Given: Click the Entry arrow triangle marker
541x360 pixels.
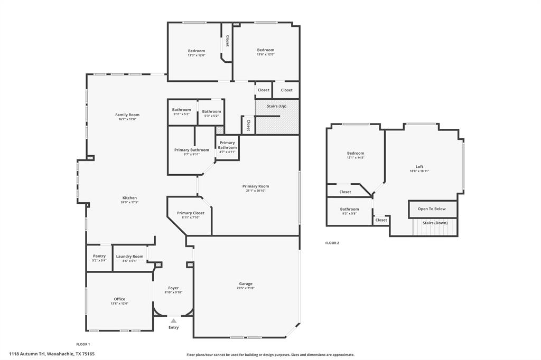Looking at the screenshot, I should pos(173,320).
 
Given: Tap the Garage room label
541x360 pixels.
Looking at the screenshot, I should pos(246,283).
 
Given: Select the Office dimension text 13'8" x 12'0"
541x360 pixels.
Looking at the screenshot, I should pos(119,304).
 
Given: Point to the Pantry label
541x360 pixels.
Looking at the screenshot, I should pos(99,256).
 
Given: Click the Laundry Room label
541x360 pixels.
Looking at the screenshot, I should pos(129,256).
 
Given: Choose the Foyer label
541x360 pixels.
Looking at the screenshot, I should pos(173,288).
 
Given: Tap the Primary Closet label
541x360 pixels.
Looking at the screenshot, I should pos(191,213).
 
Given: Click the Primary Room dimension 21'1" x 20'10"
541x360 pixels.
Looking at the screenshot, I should pos(256,191).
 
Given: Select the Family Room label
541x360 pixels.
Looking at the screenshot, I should pos(127,115).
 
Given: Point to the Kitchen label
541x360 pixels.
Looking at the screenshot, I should pos(129,198).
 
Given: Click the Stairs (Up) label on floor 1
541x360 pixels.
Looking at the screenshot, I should pos(277,106).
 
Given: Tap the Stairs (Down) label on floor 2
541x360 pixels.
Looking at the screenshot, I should pos(435,223).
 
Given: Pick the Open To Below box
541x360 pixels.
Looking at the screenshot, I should pos(432,209).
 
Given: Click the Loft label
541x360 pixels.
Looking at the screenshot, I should pos(419,166).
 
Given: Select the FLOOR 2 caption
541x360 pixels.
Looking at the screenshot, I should pos(332,243).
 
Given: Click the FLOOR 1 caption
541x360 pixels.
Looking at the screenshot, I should pos(83,344).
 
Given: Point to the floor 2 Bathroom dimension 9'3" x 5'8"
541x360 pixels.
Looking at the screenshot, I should pos(349,213).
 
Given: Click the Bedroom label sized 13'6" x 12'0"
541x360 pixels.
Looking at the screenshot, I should pos(265,50).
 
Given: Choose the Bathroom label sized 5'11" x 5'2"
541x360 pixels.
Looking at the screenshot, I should pos(181,110).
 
